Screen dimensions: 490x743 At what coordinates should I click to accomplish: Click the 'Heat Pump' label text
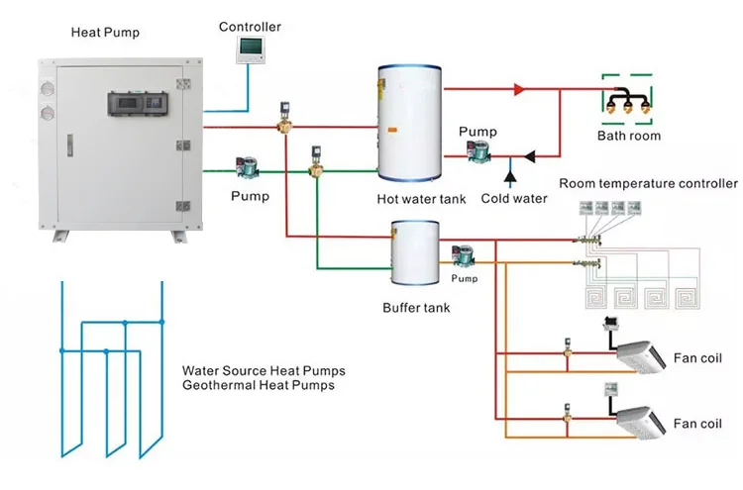(x=105, y=33)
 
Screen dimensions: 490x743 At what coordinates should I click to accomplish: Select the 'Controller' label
(x=250, y=27)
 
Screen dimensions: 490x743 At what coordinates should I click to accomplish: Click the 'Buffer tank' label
(x=416, y=308)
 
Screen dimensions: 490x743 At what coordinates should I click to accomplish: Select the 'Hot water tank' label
(x=421, y=199)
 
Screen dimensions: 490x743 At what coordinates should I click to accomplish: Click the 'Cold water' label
(x=514, y=198)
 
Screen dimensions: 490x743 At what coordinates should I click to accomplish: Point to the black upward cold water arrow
(x=511, y=177)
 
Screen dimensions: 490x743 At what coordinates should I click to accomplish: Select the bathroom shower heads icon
(x=628, y=100)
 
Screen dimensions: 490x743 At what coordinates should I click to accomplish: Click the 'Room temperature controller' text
(x=648, y=183)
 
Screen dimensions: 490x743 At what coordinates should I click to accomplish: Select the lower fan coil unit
(x=643, y=420)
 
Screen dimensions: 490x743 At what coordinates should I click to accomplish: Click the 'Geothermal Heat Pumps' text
(x=258, y=385)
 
